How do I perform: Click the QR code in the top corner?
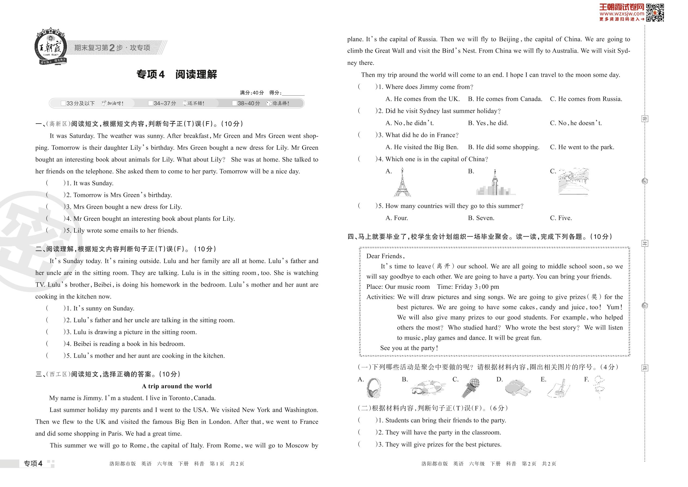[x=655, y=13]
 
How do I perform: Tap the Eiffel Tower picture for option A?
[x=402, y=182]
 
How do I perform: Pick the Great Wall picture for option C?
[x=573, y=181]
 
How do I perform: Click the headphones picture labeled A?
[x=374, y=388]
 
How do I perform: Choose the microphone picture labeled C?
[x=470, y=387]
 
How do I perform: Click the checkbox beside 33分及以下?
[x=63, y=103]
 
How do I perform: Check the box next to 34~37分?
[x=151, y=103]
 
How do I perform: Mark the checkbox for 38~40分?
[x=234, y=103]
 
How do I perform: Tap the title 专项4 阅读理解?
[x=177, y=74]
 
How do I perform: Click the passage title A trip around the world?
[x=177, y=386]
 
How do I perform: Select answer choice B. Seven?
[x=481, y=218]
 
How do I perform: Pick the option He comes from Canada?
[x=505, y=99]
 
